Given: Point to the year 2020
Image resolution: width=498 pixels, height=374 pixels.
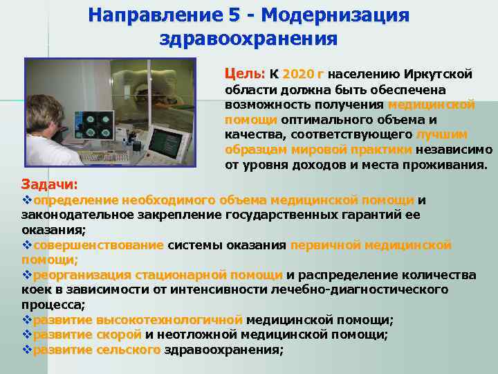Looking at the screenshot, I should point(299,73).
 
